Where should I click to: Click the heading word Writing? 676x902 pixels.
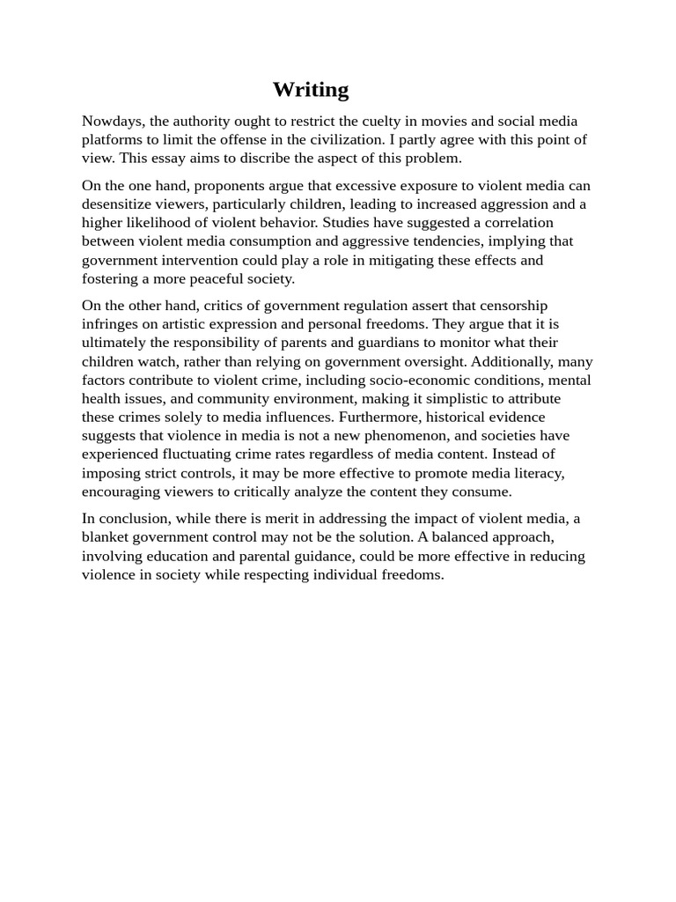310,90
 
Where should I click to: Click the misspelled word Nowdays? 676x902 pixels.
113,121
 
